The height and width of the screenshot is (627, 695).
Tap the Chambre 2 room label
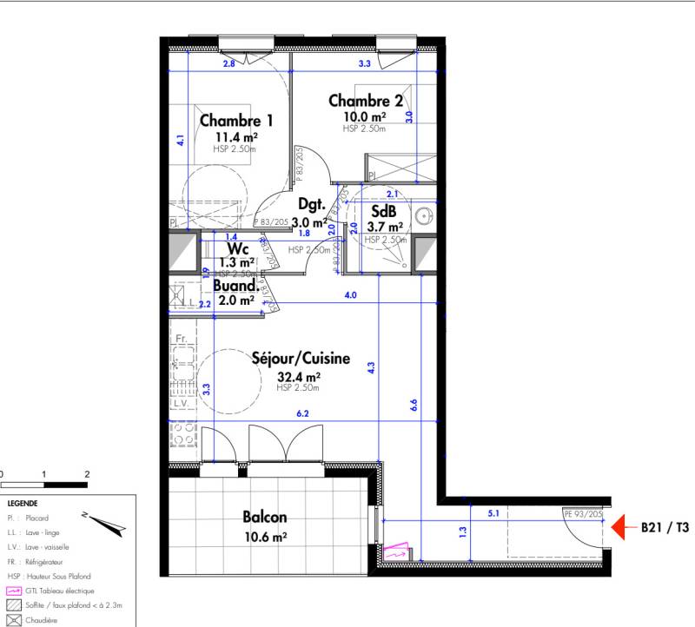[x=366, y=102]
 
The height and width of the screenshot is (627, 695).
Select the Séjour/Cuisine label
[x=301, y=358]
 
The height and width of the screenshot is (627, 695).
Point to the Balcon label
[x=266, y=518]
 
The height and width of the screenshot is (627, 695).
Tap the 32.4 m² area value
[x=299, y=377]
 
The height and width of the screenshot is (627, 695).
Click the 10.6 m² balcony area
[x=266, y=538]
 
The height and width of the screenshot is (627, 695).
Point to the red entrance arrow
[x=619, y=526]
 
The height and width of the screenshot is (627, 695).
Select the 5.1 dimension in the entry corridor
[x=493, y=513]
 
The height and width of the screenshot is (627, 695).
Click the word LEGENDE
[x=23, y=503]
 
